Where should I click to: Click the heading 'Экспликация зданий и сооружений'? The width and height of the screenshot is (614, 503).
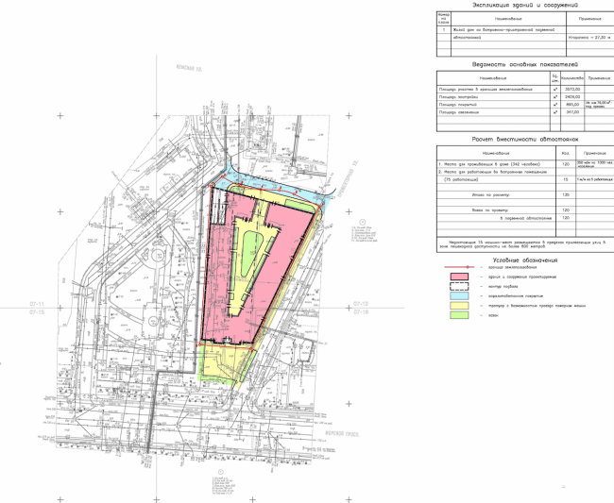coord(524,7)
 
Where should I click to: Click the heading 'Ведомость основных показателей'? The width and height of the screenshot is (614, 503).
coord(524,64)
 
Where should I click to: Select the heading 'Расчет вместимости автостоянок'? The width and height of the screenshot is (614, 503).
coord(524,139)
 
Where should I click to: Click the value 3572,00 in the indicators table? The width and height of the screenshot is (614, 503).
coord(571,87)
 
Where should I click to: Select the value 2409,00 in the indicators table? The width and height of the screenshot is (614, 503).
coord(571,95)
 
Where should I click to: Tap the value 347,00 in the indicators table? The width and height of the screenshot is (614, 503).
coord(571,112)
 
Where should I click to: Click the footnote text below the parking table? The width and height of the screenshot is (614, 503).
coord(524,243)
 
